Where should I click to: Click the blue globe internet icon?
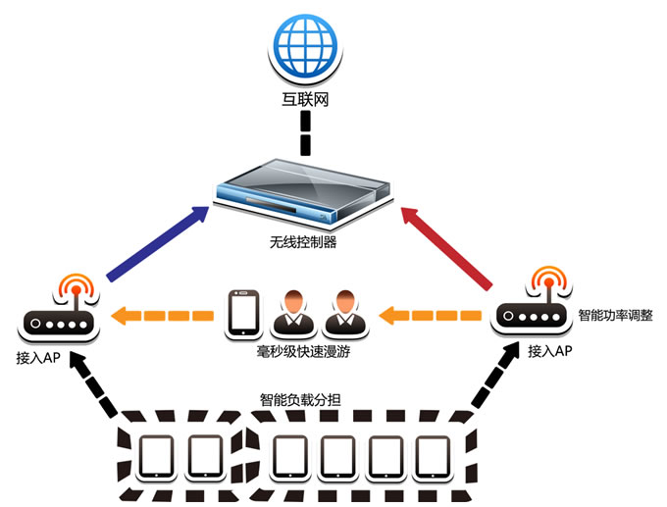(307, 45)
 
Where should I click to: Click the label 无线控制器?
(303, 241)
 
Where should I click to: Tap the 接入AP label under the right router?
(549, 350)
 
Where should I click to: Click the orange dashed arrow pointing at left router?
(162, 316)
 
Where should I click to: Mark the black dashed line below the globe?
(306, 132)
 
